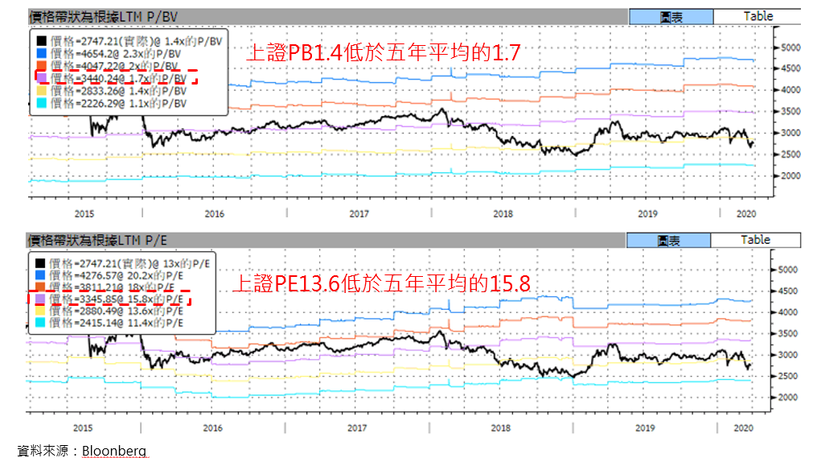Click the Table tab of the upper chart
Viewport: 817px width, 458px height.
[x=757, y=16]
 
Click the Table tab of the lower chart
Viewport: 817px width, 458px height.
[x=755, y=240]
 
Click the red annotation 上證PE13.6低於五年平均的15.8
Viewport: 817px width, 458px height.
[x=381, y=283]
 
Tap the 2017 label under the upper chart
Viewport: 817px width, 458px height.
[x=359, y=213]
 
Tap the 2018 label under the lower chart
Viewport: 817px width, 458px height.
[x=502, y=428]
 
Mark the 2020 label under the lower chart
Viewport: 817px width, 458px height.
[x=745, y=428]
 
